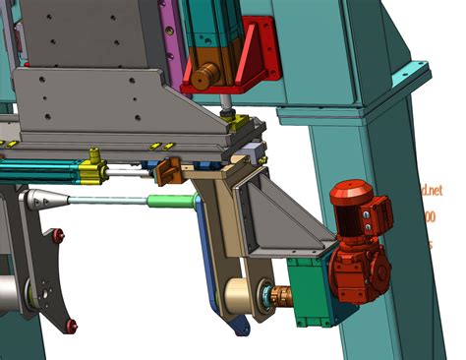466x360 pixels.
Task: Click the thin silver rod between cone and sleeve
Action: [108, 201]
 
